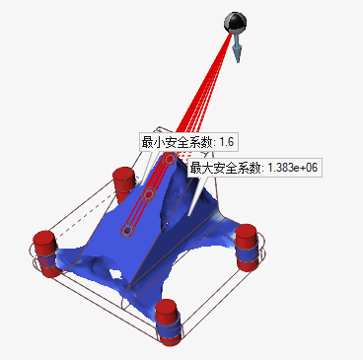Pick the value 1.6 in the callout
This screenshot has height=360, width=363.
pos(225,142)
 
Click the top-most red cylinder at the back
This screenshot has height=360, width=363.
pos(124,180)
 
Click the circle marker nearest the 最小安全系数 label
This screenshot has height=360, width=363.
pos(170,158)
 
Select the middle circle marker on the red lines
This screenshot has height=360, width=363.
pos(148,195)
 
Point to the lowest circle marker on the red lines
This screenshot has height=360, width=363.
pos(126,231)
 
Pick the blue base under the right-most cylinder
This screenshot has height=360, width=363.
pos(247,260)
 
